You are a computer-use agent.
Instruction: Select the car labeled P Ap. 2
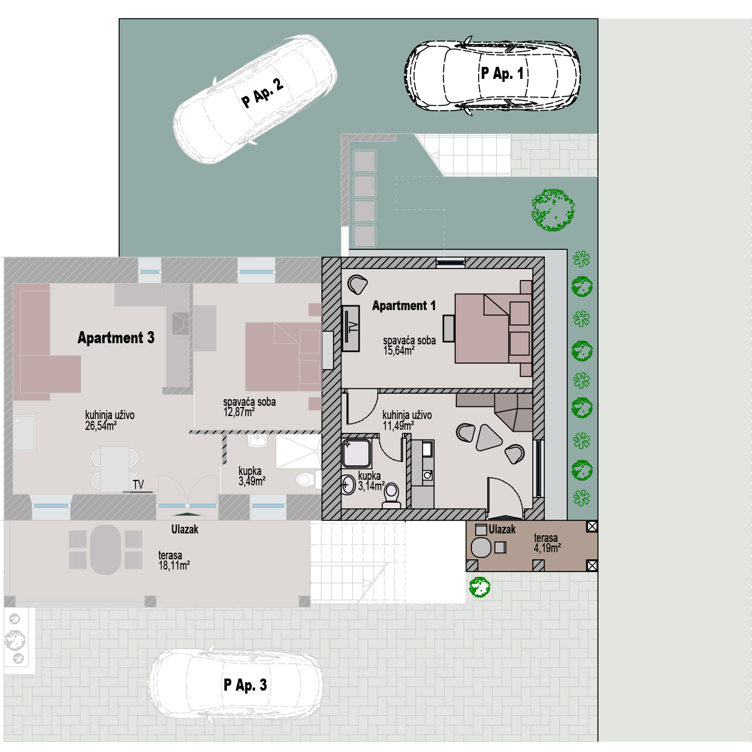[255, 98]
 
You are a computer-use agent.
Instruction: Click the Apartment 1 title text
[404, 306]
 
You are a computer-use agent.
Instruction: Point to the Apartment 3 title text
[116, 338]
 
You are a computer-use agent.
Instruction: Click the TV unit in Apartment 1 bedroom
[350, 328]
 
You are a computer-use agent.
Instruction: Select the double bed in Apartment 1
[493, 328]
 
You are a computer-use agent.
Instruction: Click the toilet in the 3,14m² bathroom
[391, 496]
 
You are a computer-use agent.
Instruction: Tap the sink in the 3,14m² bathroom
[348, 485]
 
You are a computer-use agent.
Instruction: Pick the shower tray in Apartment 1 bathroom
[356, 453]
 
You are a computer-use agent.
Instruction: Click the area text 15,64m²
[399, 350]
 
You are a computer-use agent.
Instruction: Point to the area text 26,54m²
[101, 425]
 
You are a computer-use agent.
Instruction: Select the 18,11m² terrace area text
[174, 565]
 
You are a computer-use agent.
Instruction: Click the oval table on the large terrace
[105, 550]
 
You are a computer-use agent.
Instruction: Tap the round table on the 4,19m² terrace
[481, 548]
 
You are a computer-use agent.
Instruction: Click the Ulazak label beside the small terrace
[502, 530]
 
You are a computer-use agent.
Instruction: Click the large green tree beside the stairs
[553, 210]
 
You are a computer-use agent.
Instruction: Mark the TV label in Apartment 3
[138, 484]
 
